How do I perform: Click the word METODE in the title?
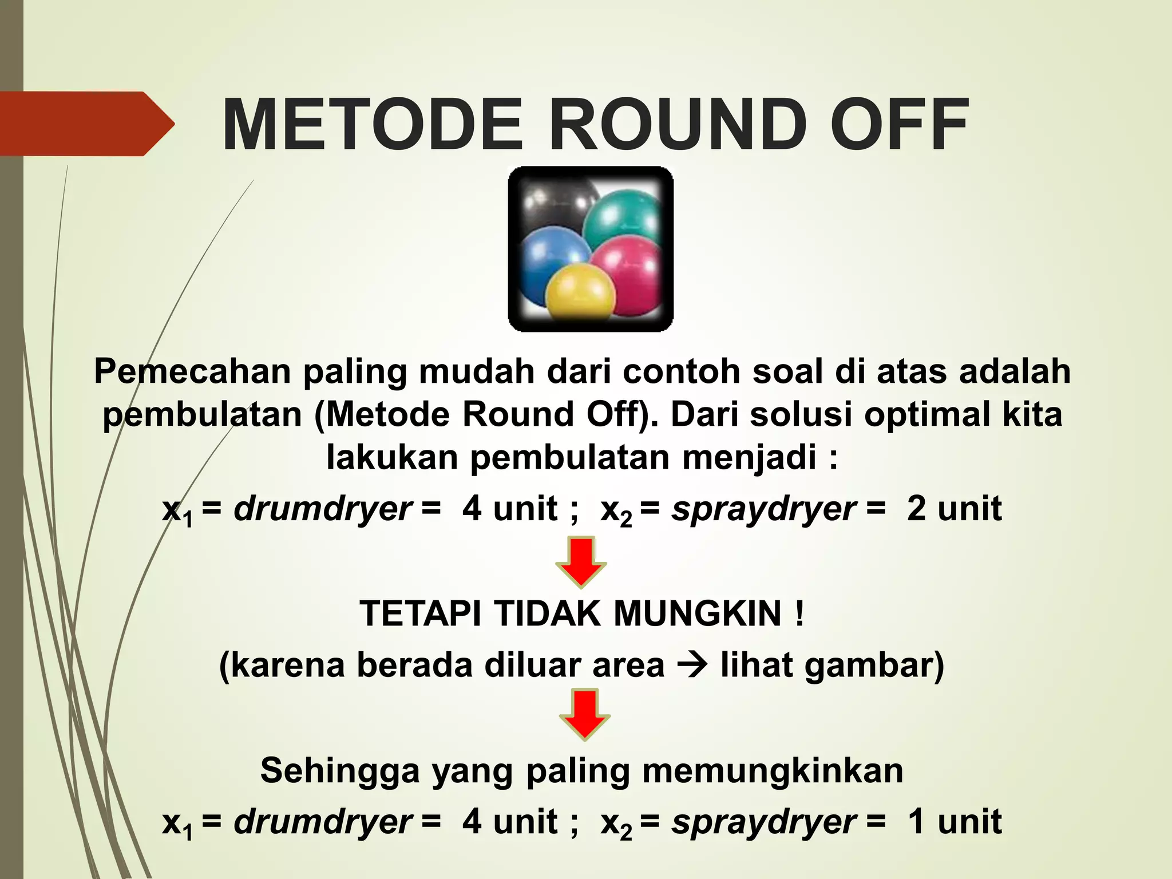click(372, 125)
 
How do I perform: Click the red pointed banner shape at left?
click(80, 124)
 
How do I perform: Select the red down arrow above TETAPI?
click(581, 561)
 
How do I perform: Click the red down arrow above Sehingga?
click(584, 715)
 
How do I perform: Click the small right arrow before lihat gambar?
click(691, 666)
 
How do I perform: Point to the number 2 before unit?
click(916, 508)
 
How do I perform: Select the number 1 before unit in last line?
click(916, 821)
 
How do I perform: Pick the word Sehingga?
click(340, 770)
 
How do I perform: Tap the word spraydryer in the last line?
click(764, 822)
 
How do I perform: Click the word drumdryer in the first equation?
click(322, 508)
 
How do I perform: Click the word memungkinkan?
click(773, 770)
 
